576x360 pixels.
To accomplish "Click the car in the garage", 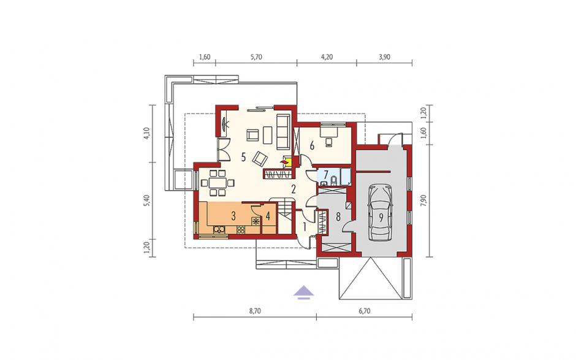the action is [381, 212].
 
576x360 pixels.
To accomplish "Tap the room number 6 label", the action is [312, 146].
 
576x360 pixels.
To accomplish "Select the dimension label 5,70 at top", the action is [256, 57].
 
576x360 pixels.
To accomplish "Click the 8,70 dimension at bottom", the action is [255, 311].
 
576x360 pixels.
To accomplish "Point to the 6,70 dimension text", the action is [364, 311].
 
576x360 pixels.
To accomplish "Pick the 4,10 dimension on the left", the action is [147, 134].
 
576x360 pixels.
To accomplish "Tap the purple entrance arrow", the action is [304, 293].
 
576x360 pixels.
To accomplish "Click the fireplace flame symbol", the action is [284, 161].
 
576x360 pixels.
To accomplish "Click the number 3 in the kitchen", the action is [233, 216].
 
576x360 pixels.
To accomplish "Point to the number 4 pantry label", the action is [268, 216].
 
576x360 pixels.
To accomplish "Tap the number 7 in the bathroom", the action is [326, 174].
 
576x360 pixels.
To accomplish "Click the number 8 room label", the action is [338, 216].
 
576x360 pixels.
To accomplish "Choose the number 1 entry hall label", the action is [305, 226].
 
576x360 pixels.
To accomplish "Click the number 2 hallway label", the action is [293, 190].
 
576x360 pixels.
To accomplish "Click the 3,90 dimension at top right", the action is [384, 57].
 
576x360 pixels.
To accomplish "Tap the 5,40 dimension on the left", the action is [147, 201].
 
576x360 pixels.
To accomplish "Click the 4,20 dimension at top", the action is [327, 57].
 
